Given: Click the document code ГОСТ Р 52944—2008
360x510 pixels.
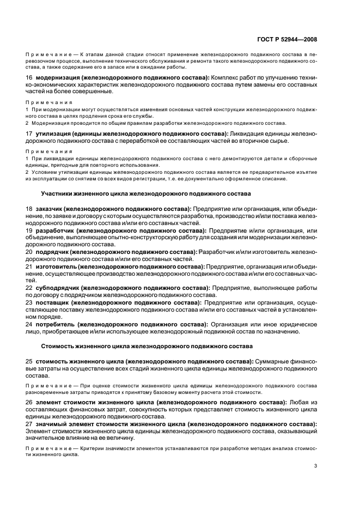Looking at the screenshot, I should point(287,39).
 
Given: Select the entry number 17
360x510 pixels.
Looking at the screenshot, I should point(29,133).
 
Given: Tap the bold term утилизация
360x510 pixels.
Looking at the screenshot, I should point(53,133).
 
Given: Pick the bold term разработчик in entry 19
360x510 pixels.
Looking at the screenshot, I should point(56,230).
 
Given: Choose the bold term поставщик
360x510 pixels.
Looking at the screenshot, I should point(54,302).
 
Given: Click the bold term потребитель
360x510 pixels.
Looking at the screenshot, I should point(57,324).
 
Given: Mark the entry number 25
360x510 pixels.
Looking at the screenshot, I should point(29,361).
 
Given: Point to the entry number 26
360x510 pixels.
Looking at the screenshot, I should point(29,402).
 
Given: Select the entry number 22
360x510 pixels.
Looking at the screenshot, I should point(29,287).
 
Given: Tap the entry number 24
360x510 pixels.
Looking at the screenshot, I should point(29,324).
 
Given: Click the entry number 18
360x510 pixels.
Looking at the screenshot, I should point(29,209).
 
